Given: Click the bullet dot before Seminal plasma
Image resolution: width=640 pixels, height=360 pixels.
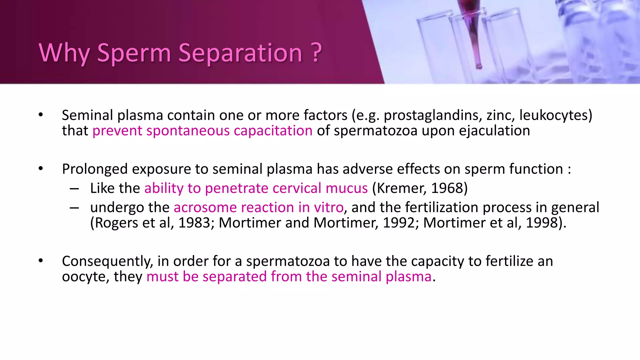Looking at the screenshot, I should tap(41, 115).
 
